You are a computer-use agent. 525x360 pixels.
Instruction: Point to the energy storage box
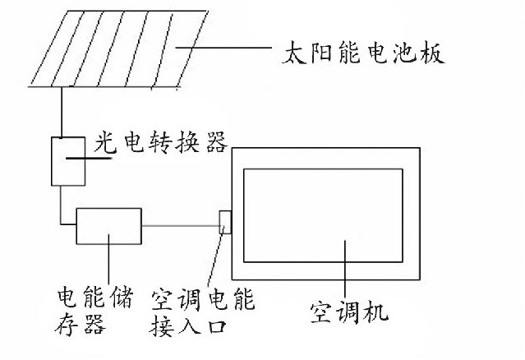(x=108, y=226)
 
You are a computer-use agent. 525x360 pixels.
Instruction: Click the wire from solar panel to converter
(x=60, y=111)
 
